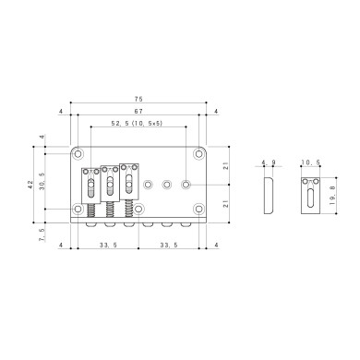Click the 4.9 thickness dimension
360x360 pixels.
pyautogui.click(x=270, y=163)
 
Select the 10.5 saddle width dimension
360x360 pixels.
pyautogui.click(x=312, y=163)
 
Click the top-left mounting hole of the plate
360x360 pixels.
pyautogui.click(x=80, y=151)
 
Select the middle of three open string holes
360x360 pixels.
pyautogui.click(x=167, y=184)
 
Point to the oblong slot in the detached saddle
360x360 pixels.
pyautogui.click(x=312, y=195)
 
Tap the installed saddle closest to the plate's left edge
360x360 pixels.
pyautogui.click(x=92, y=184)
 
